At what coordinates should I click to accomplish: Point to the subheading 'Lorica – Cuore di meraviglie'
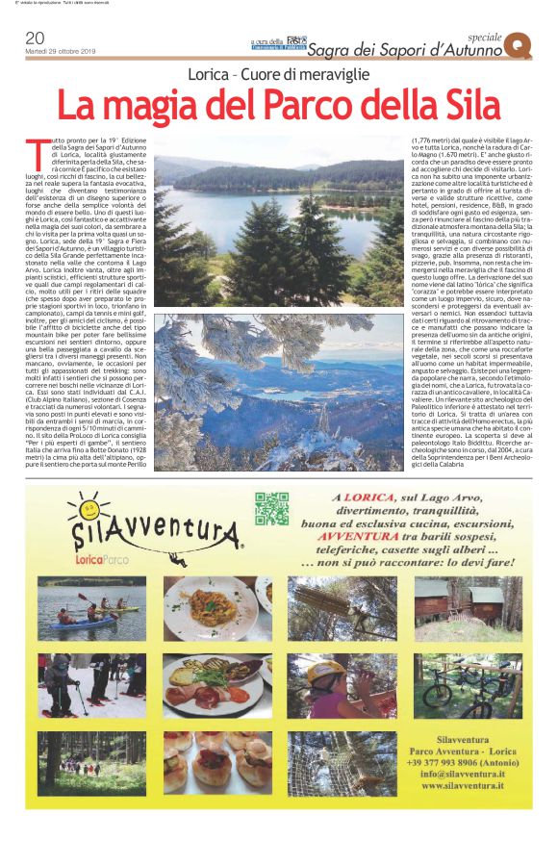pos(278,75)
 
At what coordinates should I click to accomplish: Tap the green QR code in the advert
pos(271,508)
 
